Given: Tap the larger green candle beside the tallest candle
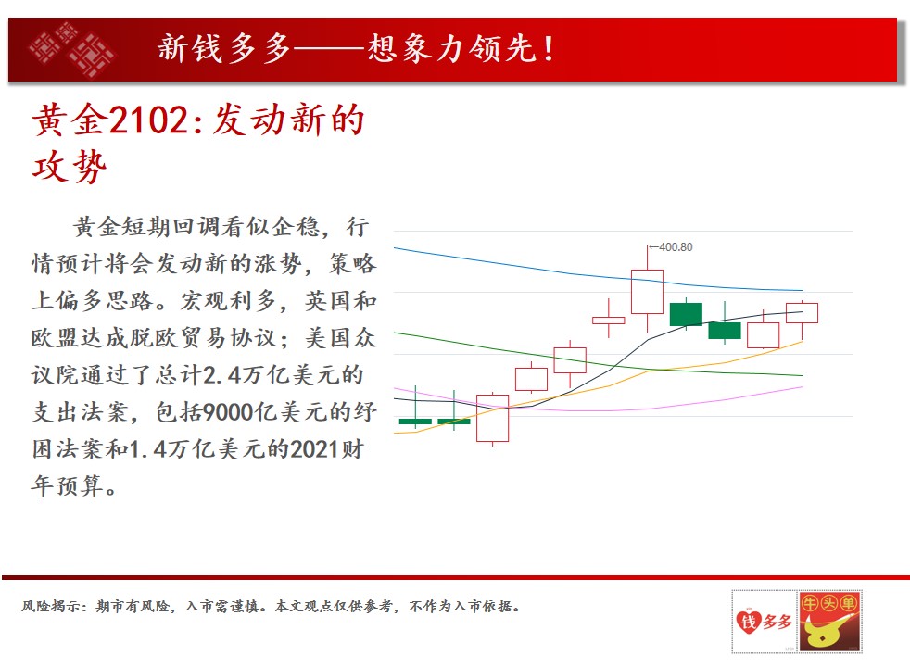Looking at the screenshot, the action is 686,314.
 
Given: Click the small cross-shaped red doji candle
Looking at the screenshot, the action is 608,320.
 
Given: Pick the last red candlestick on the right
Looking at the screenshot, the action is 803,313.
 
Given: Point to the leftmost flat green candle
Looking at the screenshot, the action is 415,422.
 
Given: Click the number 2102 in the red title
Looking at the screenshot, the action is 148,120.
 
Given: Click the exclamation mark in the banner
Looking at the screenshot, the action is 549,49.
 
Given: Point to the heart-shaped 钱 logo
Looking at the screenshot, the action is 748,621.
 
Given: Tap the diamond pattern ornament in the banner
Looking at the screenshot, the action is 70,49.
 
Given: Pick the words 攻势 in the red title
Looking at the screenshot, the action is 70,167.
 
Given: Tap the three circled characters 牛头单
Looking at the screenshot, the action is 828,603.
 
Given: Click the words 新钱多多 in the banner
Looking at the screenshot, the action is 224,48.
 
